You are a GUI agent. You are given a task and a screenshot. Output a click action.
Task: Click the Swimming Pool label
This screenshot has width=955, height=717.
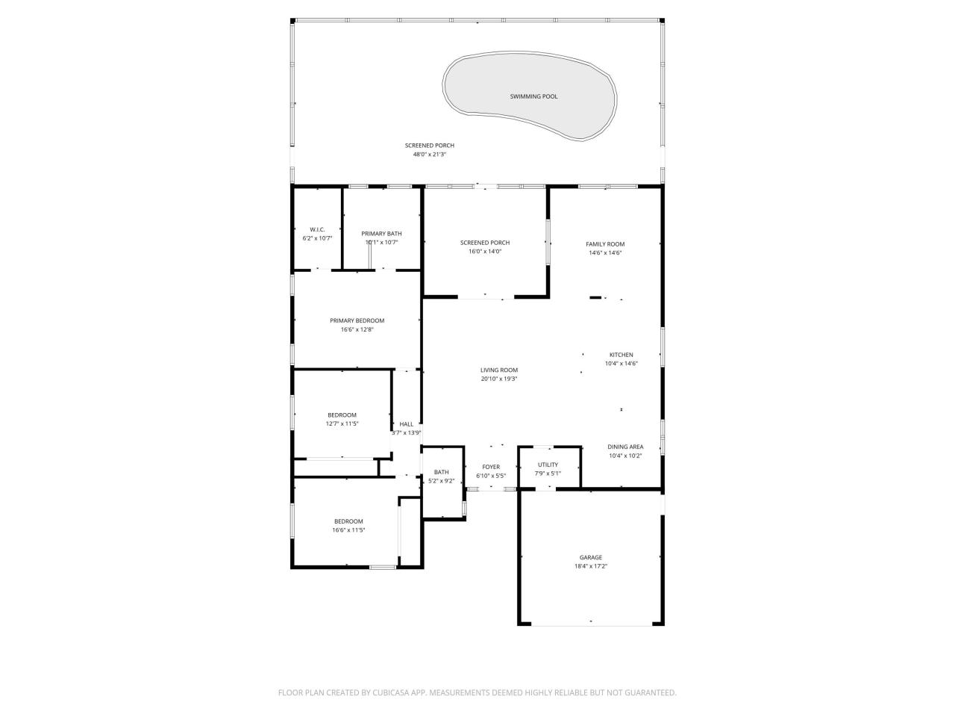[533, 96]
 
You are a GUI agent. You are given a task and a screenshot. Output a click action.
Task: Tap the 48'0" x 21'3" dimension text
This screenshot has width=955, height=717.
[430, 155]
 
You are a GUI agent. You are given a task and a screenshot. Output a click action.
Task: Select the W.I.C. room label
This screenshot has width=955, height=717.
[317, 229]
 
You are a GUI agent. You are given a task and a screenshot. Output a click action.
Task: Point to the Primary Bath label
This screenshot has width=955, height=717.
[381, 234]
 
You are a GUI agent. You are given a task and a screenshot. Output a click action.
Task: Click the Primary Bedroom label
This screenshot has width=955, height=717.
[357, 320]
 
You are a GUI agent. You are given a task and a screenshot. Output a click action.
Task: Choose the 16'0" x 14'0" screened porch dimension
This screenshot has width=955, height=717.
[485, 252]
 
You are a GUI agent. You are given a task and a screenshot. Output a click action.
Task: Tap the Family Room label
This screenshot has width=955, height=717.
[605, 244]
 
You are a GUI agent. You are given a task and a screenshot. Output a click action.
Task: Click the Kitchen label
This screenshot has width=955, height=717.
[621, 355]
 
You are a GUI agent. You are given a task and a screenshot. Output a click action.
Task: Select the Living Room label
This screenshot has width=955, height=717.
[499, 370]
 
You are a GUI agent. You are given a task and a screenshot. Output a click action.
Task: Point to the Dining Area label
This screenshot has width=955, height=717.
[625, 447]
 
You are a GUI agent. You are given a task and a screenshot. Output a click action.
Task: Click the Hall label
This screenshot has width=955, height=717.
[407, 424]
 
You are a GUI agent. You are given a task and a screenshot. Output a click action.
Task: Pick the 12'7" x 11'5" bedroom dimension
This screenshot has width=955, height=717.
[342, 423]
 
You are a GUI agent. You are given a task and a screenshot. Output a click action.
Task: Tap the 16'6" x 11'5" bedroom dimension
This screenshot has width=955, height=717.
[348, 530]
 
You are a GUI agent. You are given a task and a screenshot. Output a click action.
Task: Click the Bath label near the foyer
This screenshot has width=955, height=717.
[442, 472]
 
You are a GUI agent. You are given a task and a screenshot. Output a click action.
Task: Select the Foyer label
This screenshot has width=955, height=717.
[491, 467]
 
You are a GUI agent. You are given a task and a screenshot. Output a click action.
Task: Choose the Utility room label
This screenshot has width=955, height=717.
[548, 465]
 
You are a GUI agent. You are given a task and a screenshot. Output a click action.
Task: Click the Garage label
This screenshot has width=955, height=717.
[591, 557]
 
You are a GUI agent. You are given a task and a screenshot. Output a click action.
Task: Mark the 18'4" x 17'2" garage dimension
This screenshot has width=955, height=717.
[591, 566]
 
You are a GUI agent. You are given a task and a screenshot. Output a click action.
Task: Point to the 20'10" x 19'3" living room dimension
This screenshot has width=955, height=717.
[499, 379]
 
